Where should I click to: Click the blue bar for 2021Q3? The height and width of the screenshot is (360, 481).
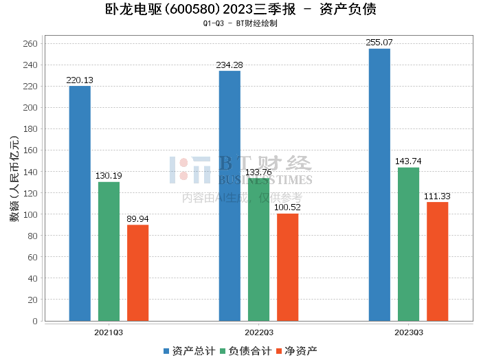[80, 203]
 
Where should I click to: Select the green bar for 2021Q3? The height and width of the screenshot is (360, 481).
[109, 251]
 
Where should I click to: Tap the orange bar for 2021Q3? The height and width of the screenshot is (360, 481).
[137, 273]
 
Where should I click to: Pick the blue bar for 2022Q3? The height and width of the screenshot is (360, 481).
[230, 196]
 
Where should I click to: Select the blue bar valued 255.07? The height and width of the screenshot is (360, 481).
[379, 185]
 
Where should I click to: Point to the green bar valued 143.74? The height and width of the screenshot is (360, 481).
[408, 244]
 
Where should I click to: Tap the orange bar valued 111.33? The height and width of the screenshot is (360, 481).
[437, 261]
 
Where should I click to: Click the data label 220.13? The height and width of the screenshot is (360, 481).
[80, 80]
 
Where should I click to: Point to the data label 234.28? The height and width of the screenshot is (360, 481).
[230, 65]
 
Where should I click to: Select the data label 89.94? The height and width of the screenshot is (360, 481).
[137, 219]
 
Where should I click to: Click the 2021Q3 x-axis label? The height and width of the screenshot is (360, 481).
[109, 333]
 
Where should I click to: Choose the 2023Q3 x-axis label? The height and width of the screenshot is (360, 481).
[408, 333]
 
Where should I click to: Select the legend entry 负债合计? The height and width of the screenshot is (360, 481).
[245, 350]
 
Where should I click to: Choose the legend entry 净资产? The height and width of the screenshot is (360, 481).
[296, 350]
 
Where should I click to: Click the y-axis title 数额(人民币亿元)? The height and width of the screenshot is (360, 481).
[14, 182]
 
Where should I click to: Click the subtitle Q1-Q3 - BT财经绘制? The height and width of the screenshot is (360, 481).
[240, 23]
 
